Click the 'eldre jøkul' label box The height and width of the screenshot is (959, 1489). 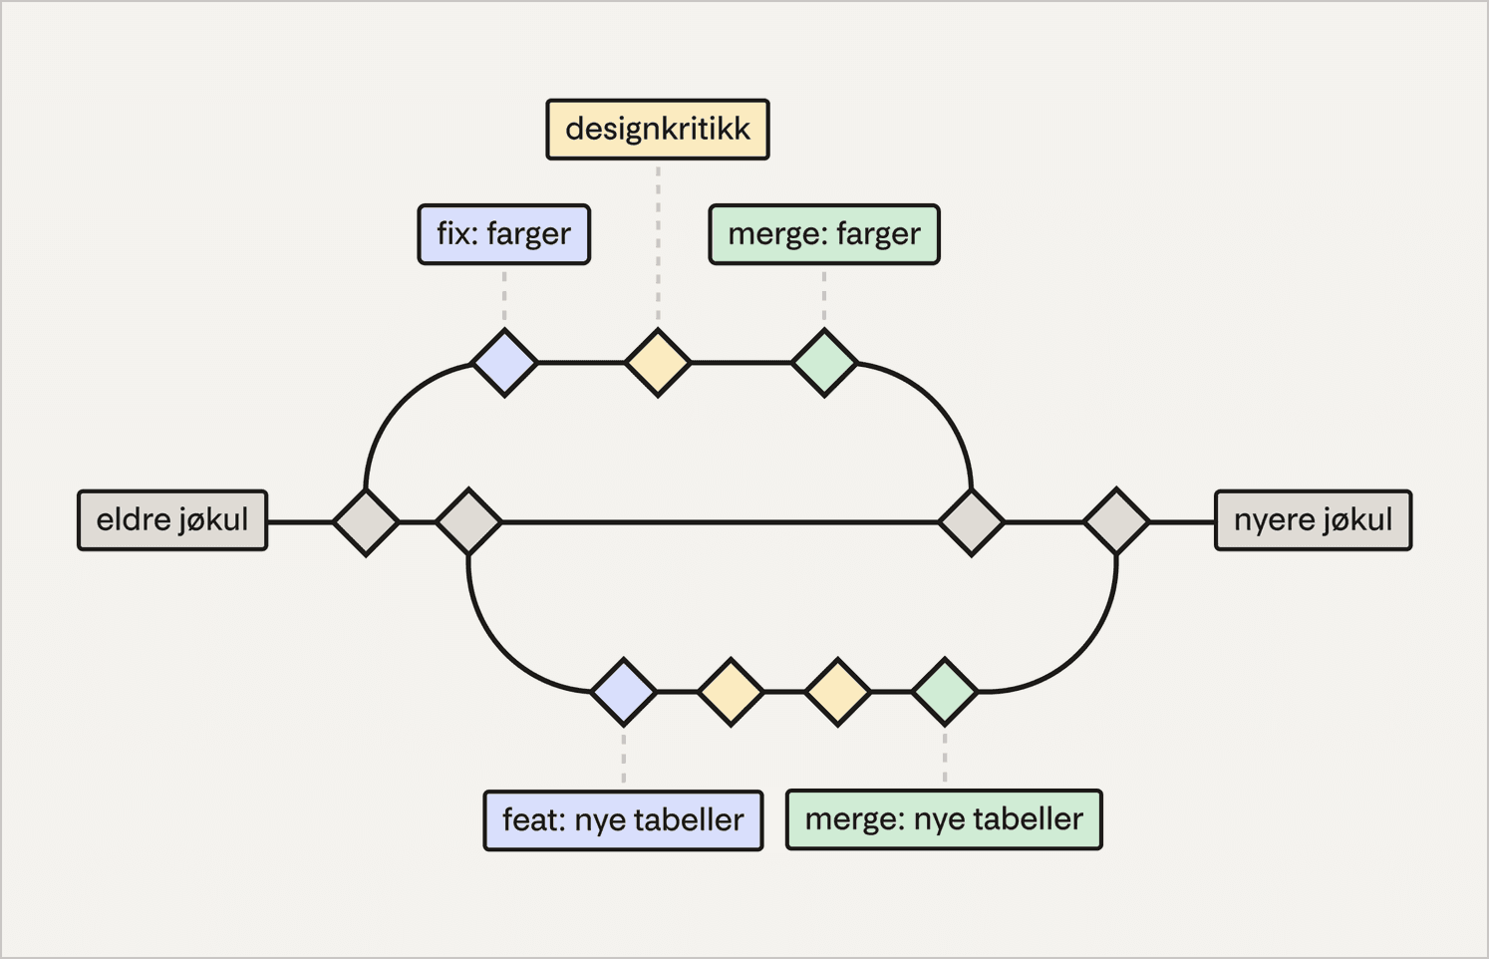pyautogui.click(x=172, y=519)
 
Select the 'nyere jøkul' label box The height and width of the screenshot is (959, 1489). pyautogui.click(x=1313, y=519)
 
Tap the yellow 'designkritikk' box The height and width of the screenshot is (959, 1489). pyautogui.click(x=658, y=130)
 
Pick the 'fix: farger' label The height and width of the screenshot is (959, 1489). pyautogui.click(x=504, y=234)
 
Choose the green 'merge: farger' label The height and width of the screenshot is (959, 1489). pyautogui.click(x=824, y=234)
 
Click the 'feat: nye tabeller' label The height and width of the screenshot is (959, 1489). pyautogui.click(x=623, y=820)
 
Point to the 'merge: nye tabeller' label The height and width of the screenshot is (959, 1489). pyautogui.click(x=944, y=819)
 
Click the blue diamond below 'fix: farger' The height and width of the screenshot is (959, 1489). pyautogui.click(x=504, y=363)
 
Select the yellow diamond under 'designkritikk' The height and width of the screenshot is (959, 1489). pyautogui.click(x=658, y=363)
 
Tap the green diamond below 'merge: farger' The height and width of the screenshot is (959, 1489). pyautogui.click(x=824, y=363)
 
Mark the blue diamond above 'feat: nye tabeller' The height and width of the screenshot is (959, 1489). pyautogui.click(x=624, y=691)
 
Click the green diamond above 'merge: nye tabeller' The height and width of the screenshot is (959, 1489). pyautogui.click(x=945, y=691)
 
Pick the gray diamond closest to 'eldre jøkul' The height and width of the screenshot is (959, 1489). pyautogui.click(x=366, y=521)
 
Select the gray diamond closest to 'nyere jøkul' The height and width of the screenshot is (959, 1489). pyautogui.click(x=1116, y=521)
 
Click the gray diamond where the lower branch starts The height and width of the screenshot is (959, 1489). pyautogui.click(x=468, y=521)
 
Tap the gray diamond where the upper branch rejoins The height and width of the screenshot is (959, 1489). pyautogui.click(x=972, y=521)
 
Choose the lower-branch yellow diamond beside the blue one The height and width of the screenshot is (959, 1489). pyautogui.click(x=731, y=691)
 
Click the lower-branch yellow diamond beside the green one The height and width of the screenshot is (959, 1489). pyautogui.click(x=837, y=691)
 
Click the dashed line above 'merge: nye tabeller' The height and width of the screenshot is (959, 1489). pyautogui.click(x=945, y=759)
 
